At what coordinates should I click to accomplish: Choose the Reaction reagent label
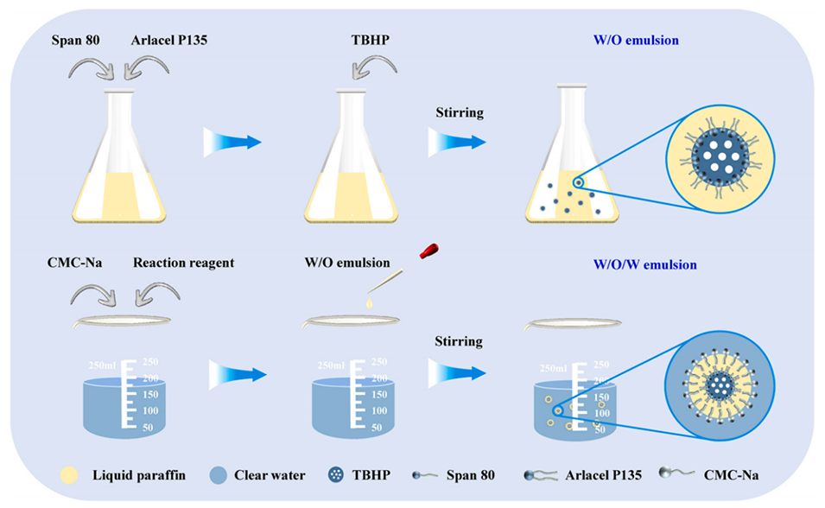click(x=183, y=264)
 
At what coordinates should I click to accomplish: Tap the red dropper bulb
click(x=426, y=251)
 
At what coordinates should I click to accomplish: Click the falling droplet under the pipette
click(x=370, y=303)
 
